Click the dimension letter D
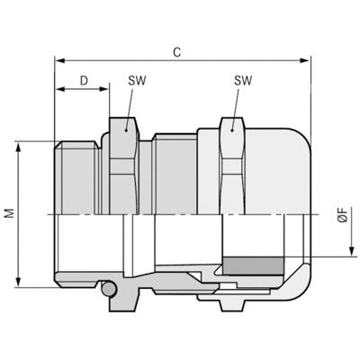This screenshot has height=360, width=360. click(83, 81)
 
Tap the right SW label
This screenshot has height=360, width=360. click(242, 81)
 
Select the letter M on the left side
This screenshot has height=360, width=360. click(8, 215)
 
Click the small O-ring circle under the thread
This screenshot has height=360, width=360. click(108, 290)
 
